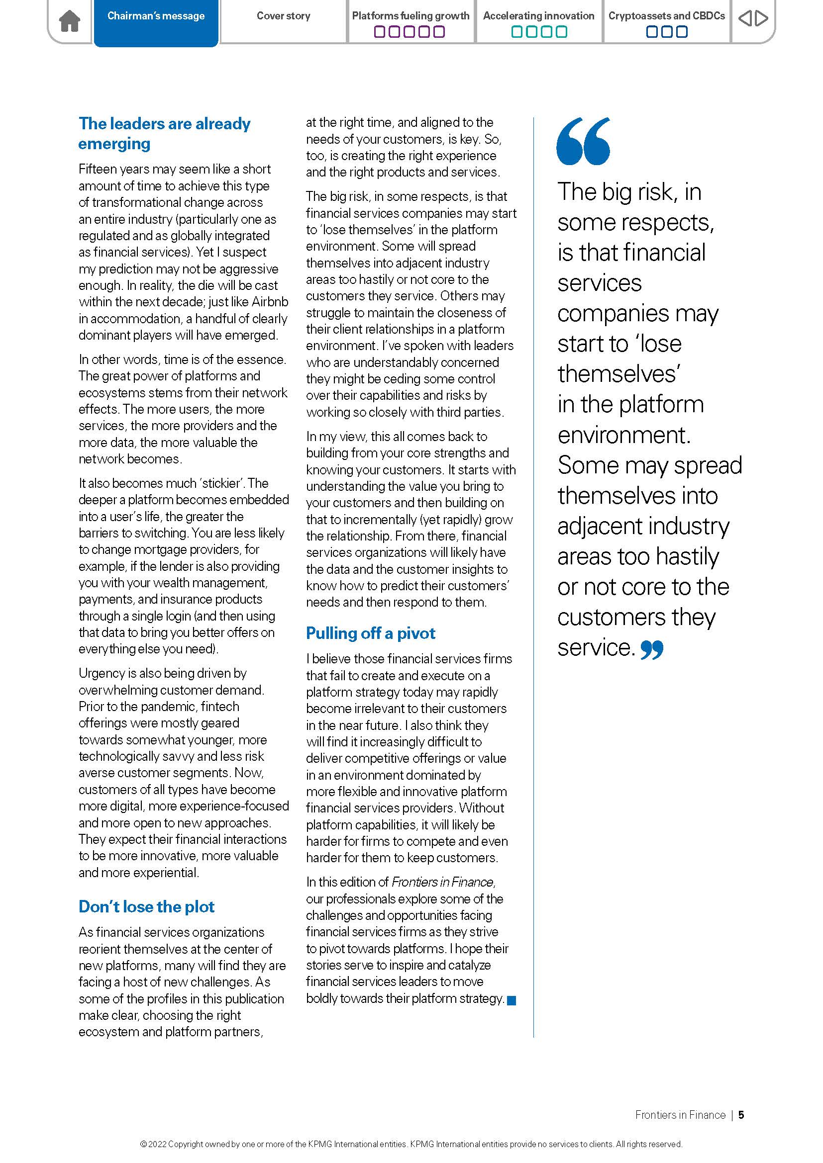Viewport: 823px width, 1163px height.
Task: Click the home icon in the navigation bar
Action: pos(70,22)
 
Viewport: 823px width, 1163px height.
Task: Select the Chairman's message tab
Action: pos(156,16)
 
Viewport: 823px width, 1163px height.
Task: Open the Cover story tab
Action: pos(283,16)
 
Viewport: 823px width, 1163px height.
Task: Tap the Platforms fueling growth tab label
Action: pos(411,16)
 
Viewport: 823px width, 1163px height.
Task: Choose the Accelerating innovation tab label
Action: pos(538,16)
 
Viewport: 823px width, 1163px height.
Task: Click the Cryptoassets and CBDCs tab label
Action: pos(666,16)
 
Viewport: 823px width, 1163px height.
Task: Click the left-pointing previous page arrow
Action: pos(744,19)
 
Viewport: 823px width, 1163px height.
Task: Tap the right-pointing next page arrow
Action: pos(762,19)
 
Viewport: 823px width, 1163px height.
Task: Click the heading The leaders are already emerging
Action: pos(164,133)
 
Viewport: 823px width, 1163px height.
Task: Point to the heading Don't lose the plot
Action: pos(146,907)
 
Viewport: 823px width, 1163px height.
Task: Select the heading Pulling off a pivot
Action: pos(371,633)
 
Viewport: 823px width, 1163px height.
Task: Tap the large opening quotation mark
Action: pos(583,141)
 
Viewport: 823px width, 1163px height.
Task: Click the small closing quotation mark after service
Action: pos(652,649)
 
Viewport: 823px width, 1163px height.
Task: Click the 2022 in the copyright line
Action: pos(157,1144)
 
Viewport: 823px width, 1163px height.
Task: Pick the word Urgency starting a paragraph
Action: pos(102,673)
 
